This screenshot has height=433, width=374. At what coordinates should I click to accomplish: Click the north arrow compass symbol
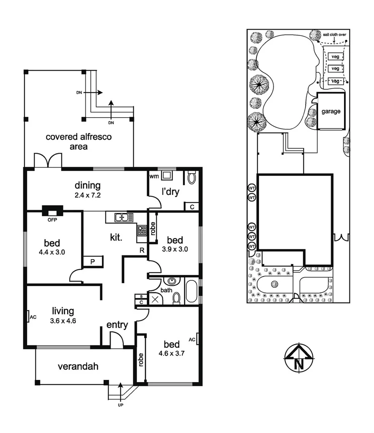click(x=299, y=358)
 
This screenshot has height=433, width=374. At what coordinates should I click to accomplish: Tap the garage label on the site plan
click(x=331, y=111)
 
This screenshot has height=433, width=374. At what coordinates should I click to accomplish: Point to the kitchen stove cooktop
click(x=142, y=230)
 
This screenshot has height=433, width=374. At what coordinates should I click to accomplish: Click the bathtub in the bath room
click(x=192, y=291)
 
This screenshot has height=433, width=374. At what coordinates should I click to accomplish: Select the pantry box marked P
click(x=92, y=262)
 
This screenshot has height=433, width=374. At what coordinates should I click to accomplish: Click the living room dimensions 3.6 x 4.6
click(x=63, y=321)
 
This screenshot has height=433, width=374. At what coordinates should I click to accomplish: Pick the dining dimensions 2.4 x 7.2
click(x=88, y=195)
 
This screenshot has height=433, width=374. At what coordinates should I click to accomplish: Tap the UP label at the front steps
click(x=120, y=405)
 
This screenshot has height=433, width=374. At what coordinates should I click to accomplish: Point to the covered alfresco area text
click(x=79, y=141)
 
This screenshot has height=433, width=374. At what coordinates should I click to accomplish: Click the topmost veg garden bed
click(x=334, y=56)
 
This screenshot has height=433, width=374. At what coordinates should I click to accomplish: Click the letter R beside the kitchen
click(x=142, y=250)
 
